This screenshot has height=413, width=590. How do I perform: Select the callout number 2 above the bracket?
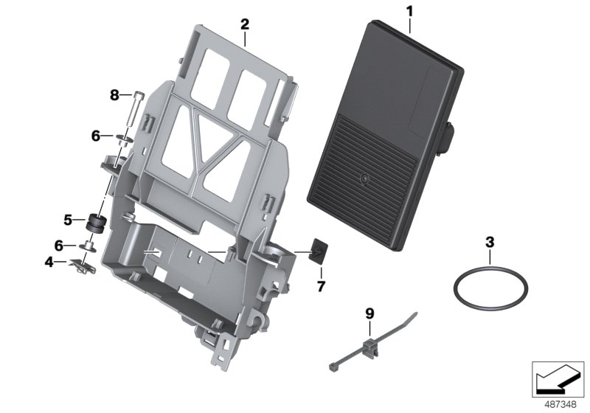(245, 24)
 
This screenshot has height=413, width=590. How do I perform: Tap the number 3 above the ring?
(488, 242)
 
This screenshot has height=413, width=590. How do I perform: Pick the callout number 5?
(69, 219)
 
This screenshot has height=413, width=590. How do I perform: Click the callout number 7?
(321, 285)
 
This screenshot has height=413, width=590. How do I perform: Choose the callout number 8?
(114, 94)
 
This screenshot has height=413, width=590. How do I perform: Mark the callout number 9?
(369, 313)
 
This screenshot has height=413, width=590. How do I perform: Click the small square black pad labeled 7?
(317, 251)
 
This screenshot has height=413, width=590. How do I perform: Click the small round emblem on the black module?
(364, 178)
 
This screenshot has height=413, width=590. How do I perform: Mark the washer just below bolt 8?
(122, 136)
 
